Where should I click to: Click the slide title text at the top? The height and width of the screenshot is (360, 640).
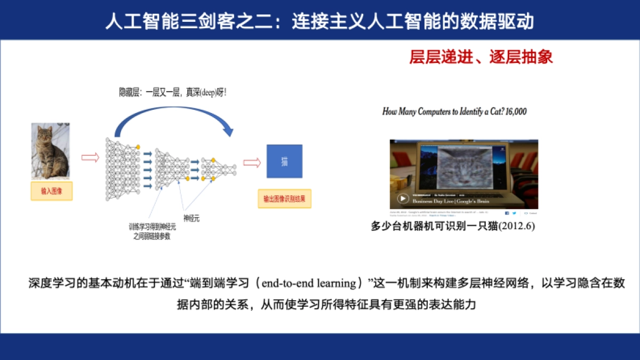[319, 21]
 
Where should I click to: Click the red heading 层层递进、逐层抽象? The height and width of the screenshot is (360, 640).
[481, 57]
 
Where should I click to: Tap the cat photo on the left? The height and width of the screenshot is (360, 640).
[50, 151]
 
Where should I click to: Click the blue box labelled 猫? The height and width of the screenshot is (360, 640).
[284, 161]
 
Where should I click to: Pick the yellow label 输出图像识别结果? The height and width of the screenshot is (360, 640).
[284, 199]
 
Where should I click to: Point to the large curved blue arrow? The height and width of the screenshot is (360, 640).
[176, 115]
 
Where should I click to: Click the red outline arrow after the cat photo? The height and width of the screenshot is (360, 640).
[90, 157]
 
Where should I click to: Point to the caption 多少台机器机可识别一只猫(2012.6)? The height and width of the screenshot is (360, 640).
[453, 226]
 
